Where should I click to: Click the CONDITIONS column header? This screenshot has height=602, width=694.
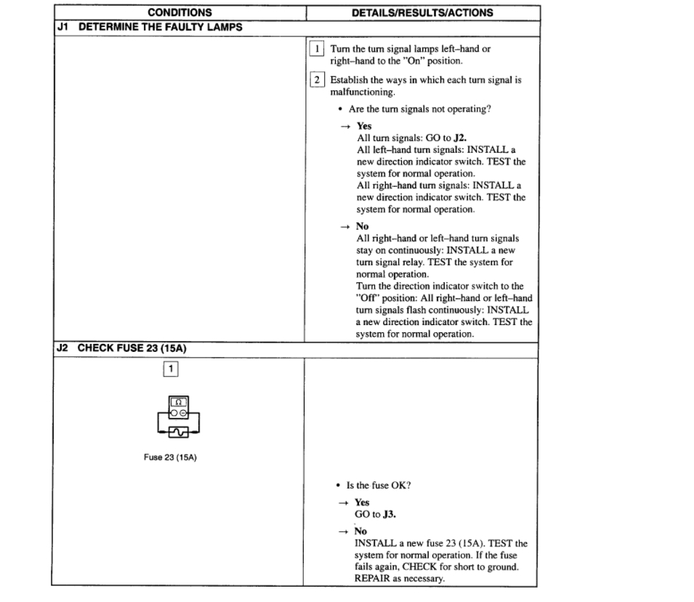tap(179, 13)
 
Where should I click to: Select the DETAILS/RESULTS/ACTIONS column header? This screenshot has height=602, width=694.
tap(422, 13)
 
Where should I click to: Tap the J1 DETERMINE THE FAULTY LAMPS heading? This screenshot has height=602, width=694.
tap(149, 28)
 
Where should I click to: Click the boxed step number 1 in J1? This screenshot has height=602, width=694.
tap(318, 49)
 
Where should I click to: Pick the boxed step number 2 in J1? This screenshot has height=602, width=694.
tap(318, 80)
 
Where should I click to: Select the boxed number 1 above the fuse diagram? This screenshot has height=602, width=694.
tap(172, 369)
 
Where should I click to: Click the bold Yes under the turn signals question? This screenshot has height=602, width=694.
tap(363, 126)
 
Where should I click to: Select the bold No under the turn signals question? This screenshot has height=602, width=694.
tap(362, 226)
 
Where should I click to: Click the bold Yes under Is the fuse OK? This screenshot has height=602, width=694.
tap(361, 502)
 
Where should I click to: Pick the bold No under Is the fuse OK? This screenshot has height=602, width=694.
tap(360, 531)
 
